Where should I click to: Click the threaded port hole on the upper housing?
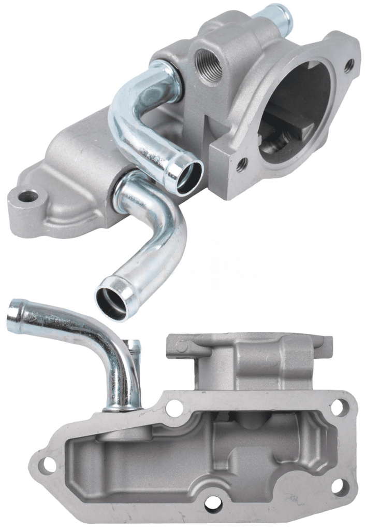click(209, 66)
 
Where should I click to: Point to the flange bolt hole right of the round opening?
click(349, 65)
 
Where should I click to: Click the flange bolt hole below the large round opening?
click(241, 165)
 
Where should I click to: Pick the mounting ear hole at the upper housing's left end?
click(28, 197)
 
